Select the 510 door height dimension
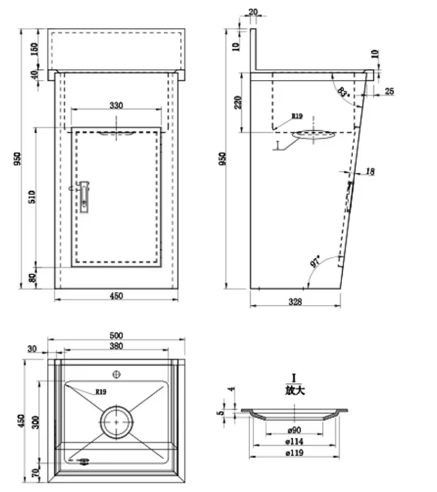click(31, 197)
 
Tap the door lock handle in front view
click(84, 196)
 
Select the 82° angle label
click(343, 91)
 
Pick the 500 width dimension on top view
click(116, 335)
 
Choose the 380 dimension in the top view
click(116, 346)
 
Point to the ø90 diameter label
click(293, 430)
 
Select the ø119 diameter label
click(293, 452)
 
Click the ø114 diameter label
click(293, 441)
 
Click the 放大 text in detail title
click(295, 390)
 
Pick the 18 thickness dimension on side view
click(370, 172)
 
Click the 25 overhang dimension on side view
click(390, 90)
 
